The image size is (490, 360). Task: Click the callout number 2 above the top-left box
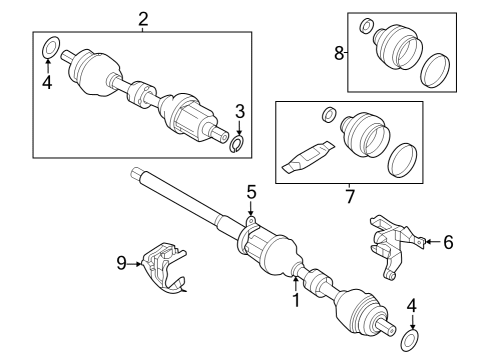click(143, 19)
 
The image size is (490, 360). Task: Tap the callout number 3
click(239, 111)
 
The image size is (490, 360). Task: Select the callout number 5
click(252, 190)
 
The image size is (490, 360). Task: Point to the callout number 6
click(448, 241)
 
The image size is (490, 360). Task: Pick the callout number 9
click(122, 264)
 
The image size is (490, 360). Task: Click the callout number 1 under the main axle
click(295, 297)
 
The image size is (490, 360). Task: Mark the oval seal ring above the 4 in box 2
click(48, 47)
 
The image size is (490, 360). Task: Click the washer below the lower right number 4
click(408, 342)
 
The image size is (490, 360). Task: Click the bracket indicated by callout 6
click(395, 240)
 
